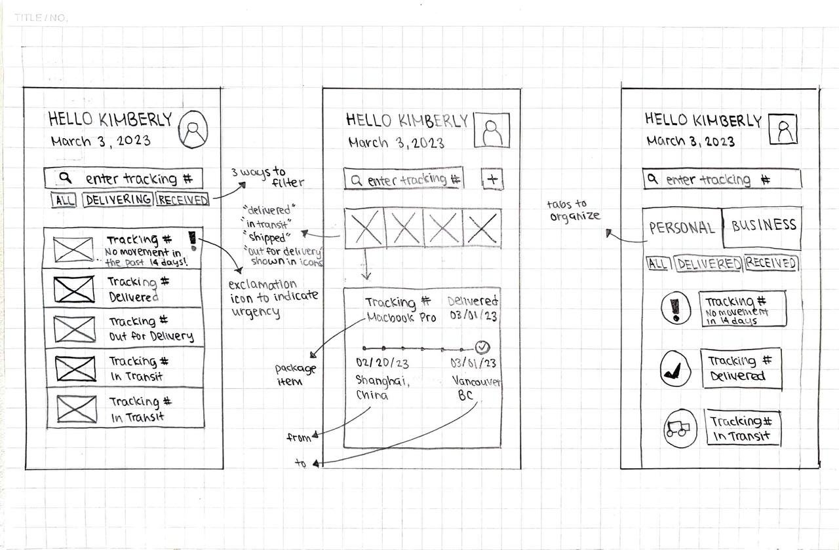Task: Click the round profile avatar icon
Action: (193, 128)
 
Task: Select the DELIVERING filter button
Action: (118, 200)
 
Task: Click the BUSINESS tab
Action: (764, 226)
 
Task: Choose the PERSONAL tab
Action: (682, 228)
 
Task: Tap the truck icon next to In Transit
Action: (679, 429)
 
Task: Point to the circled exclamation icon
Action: (676, 308)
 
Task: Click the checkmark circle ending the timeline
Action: (482, 346)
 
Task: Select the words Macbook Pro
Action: (402, 318)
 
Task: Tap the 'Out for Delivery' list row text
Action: (151, 329)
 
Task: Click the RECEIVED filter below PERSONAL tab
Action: (771, 263)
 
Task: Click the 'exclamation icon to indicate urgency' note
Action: (273, 298)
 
